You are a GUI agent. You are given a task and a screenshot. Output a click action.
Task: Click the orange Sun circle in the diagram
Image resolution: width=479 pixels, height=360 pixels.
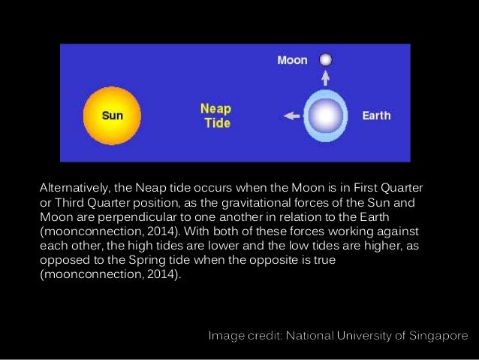(x=112, y=116)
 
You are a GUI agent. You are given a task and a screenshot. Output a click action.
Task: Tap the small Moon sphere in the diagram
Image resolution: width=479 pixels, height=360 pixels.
(x=325, y=59)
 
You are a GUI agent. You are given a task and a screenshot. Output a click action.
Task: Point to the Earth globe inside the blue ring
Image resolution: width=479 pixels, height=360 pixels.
(x=326, y=116)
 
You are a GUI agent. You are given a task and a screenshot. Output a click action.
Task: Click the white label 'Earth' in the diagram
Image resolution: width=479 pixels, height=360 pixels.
(x=376, y=116)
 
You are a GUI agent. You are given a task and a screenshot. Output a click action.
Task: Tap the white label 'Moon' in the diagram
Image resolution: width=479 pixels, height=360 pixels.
(x=292, y=60)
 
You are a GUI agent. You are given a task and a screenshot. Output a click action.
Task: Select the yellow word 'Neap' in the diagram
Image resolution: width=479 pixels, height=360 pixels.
(x=215, y=108)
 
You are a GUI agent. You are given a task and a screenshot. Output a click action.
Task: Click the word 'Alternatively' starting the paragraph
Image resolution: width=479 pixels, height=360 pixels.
(x=74, y=186)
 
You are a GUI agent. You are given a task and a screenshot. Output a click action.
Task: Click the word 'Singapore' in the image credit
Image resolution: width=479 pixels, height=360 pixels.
(x=435, y=335)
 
